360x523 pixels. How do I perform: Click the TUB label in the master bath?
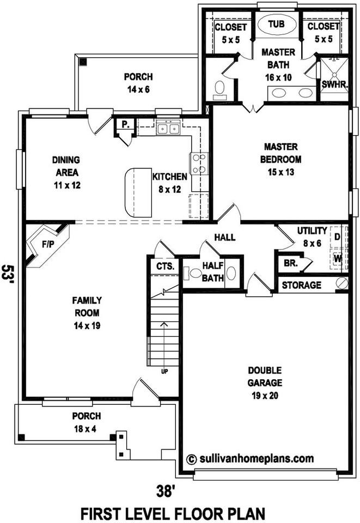pos(276,25)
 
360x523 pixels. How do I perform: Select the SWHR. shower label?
pos(331,85)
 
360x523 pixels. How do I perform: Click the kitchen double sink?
pos(168,129)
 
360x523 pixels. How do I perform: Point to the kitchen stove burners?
pos(198,163)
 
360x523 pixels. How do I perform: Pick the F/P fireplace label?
pos(48,245)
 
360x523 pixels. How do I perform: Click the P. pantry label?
pos(125,124)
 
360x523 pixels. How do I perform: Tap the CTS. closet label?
pos(165,266)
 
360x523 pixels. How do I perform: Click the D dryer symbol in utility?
pos(337,237)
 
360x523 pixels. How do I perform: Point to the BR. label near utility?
pos(289,263)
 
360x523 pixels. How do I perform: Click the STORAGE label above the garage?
pos(302,285)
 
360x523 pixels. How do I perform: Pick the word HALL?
pos(224,238)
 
